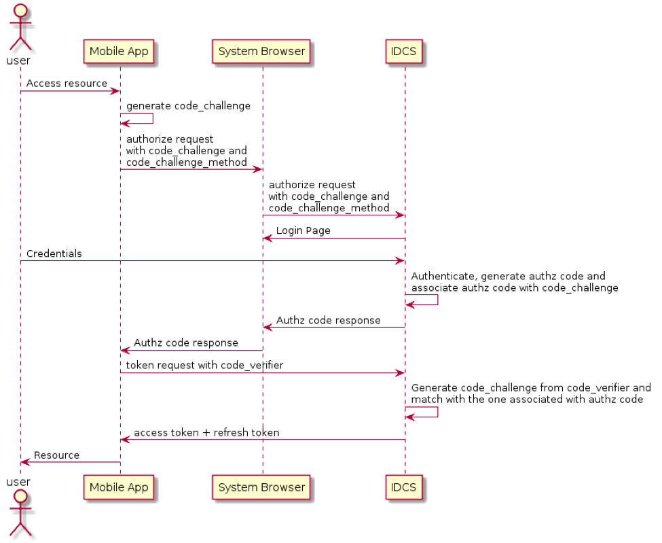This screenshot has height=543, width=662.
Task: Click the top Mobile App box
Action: point(119,52)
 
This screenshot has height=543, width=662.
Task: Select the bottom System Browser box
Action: point(261,487)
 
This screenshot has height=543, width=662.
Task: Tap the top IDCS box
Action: point(404,52)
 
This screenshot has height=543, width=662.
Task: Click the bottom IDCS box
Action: point(404,487)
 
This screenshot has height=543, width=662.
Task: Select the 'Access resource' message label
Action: point(67,84)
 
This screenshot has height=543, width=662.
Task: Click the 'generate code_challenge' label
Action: point(188,106)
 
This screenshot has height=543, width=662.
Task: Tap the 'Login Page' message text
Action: point(303,231)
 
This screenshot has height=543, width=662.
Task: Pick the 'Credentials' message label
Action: point(54,253)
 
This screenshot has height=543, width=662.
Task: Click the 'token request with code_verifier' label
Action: point(204,366)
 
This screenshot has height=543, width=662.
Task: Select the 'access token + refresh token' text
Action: point(206,433)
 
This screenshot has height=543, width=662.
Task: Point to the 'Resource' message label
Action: point(56,455)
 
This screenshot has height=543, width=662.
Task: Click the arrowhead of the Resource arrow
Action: point(24,462)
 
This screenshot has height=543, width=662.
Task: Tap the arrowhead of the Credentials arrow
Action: point(401,261)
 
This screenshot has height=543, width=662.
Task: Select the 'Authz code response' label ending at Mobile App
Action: point(186,343)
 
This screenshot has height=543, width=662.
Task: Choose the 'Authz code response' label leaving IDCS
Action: point(328,321)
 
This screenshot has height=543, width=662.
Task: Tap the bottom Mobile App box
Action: point(119,487)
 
